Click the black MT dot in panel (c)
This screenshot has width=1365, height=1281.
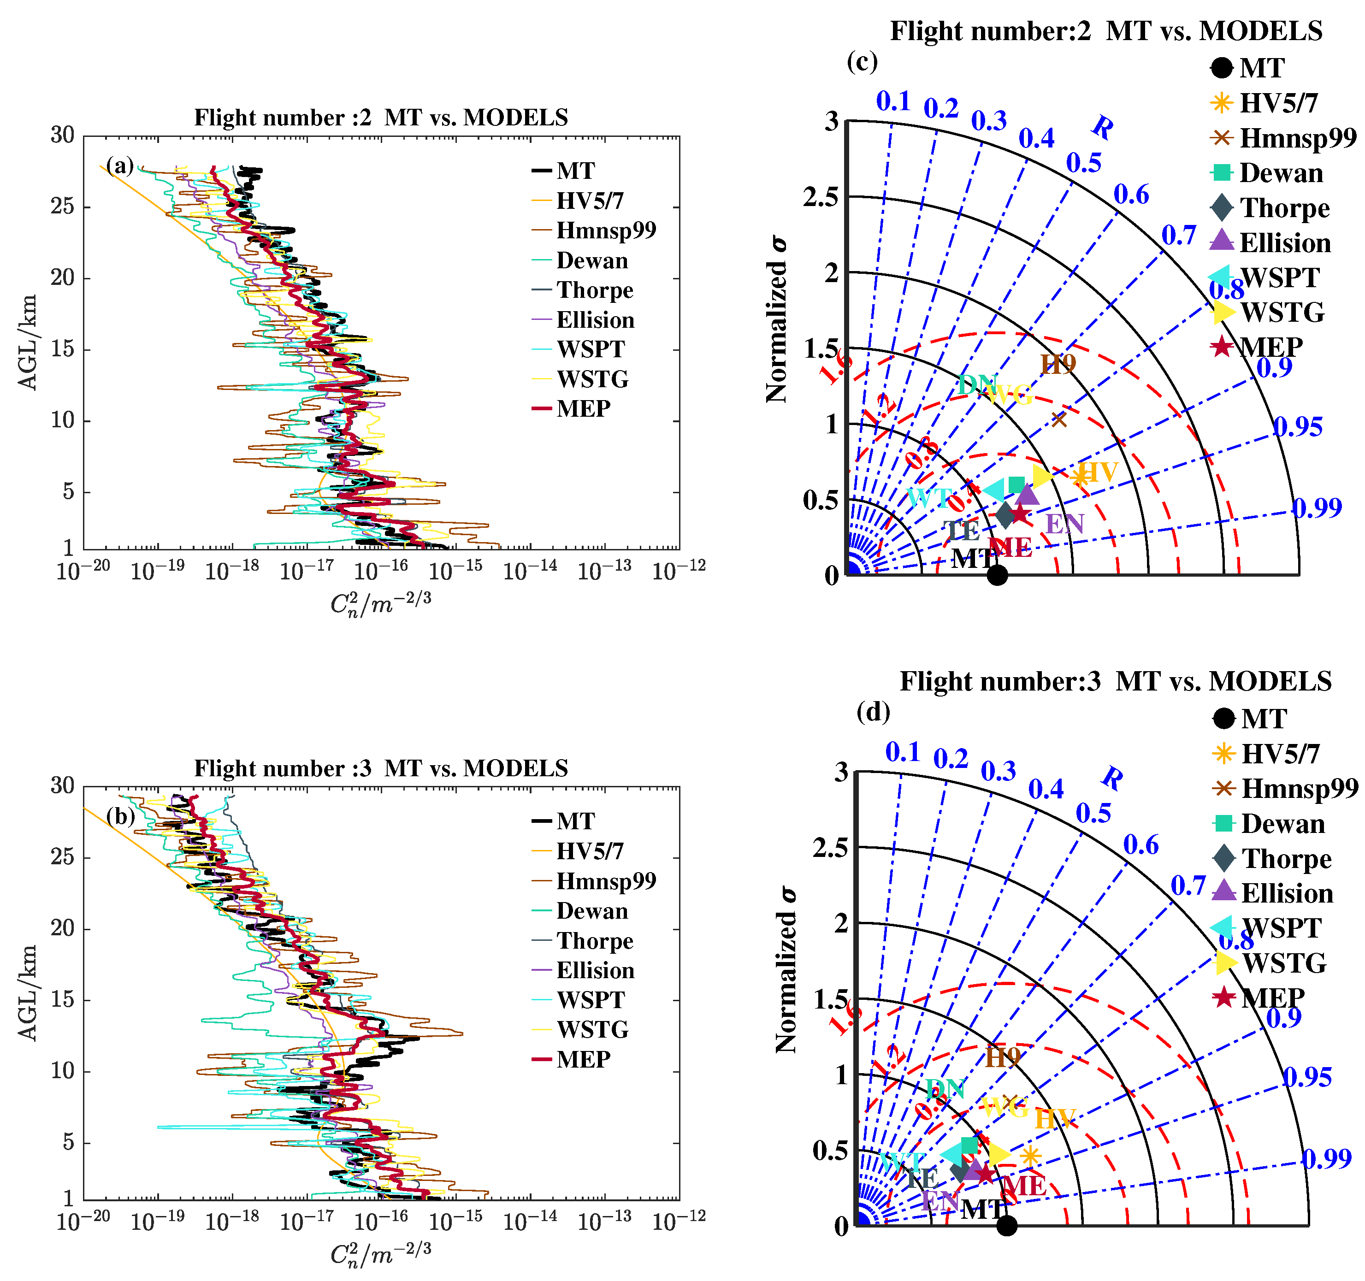tap(997, 575)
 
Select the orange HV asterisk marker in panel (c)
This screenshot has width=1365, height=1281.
tap(1080, 477)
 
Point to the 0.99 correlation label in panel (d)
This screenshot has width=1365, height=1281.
tap(1327, 1159)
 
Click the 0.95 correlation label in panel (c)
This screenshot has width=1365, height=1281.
tap(1298, 427)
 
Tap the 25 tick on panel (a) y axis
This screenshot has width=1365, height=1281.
tap(63, 206)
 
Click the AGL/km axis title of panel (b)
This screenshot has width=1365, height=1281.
tap(28, 993)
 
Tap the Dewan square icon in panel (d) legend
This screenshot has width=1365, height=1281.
tap(1223, 823)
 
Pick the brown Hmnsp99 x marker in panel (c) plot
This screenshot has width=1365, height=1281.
tap(1059, 419)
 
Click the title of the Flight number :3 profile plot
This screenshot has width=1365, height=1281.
tap(381, 767)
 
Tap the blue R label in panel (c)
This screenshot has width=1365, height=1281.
tap(1103, 128)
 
